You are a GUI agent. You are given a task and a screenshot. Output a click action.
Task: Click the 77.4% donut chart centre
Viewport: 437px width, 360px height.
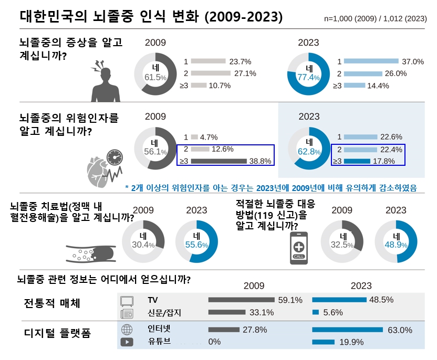[309, 73]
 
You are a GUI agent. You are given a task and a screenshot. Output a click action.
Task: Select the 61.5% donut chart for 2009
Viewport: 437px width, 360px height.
[155, 73]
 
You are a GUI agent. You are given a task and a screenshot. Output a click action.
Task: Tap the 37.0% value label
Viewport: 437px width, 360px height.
[412, 61]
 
